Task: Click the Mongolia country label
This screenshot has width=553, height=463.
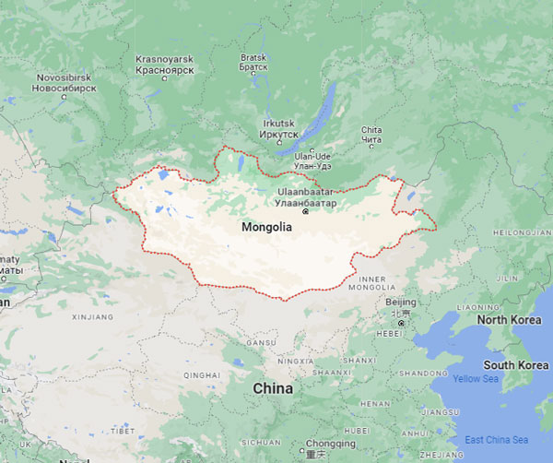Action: click(x=266, y=227)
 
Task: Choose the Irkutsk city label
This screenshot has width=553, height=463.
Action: click(x=278, y=129)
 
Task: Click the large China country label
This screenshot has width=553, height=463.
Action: click(x=273, y=388)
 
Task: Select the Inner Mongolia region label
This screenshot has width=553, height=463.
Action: click(x=371, y=280)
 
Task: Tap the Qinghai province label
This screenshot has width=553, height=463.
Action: click(x=202, y=375)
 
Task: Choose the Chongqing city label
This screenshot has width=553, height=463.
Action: click(x=330, y=444)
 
